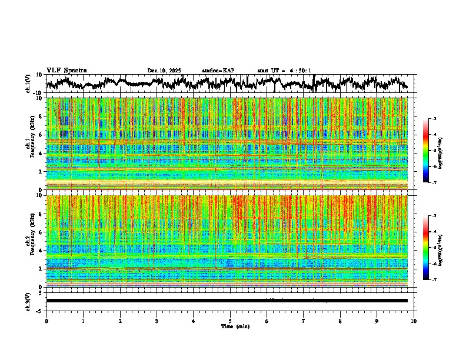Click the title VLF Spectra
[x=66, y=71]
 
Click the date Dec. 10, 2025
[x=164, y=71]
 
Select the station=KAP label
[x=218, y=71]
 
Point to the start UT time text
[x=284, y=71]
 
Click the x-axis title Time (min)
[x=230, y=326]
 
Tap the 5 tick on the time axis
[x=230, y=321]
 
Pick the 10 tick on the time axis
[x=414, y=321]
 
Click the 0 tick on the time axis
[x=46, y=321]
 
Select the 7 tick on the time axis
[x=304, y=321]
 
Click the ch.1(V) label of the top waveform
[x=28, y=84]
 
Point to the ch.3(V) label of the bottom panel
[x=28, y=301]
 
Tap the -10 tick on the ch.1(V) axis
[x=38, y=93]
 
